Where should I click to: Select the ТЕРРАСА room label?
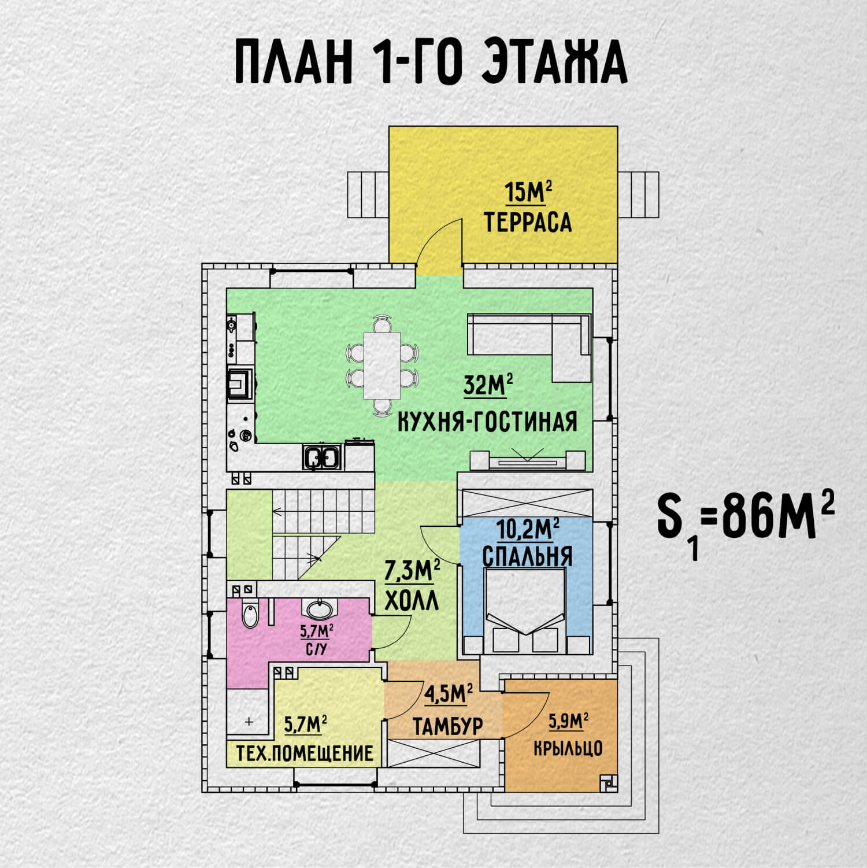pos(528,223)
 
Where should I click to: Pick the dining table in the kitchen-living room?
pos(382,365)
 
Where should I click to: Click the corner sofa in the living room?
pos(529,348)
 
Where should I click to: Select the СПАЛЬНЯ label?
pos(527,556)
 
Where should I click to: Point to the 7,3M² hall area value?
pos(412,572)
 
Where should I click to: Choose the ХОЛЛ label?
pos(412,601)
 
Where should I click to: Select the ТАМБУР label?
pos(448,726)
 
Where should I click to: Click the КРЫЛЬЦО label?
pos(568,748)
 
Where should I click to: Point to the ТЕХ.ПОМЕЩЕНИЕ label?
pos(305,754)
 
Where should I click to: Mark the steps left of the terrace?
pos(368,194)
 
